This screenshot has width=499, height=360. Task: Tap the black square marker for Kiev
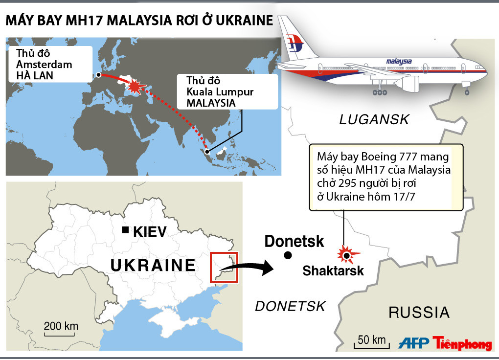[x=126, y=230]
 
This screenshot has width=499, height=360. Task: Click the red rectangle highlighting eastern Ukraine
[x=224, y=267]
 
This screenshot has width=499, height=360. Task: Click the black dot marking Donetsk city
[x=288, y=255]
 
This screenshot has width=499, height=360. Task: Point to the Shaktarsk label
[x=333, y=270]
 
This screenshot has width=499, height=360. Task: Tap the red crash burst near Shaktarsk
[x=346, y=255]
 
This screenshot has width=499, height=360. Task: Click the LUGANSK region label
[x=374, y=119]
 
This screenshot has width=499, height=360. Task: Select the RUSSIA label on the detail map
[x=419, y=312]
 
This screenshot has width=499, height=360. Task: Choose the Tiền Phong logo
[x=462, y=343]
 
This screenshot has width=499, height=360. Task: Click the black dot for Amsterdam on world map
[x=99, y=75]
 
